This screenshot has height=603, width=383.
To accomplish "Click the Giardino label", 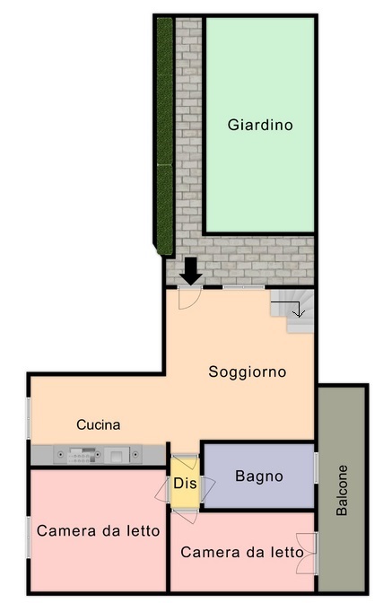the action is point(260,125).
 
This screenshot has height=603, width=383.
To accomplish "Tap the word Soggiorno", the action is point(248,371).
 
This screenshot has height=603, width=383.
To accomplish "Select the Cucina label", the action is point(99,424).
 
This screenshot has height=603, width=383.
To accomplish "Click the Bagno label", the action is point(259,476).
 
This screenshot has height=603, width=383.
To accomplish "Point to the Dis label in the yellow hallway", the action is point(185,484).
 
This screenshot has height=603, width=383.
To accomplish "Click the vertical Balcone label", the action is point(342,490).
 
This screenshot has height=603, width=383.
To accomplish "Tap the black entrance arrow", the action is point(191,271).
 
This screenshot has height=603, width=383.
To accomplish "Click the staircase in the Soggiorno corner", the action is point(292,310).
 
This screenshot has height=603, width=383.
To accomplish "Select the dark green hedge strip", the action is point(164,135).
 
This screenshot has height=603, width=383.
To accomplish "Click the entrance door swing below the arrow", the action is point(190,298).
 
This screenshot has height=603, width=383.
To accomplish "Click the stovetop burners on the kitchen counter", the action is point(81,455).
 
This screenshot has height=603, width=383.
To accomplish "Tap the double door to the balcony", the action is point(307,554).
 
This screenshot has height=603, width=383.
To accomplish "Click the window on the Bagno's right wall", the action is point(316,468).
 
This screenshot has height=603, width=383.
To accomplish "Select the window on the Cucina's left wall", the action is point(28,417).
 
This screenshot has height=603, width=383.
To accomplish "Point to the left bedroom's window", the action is point(28,537).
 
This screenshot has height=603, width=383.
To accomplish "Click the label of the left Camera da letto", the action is point(98,531).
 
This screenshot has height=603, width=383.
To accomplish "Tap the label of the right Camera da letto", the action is point(242,553).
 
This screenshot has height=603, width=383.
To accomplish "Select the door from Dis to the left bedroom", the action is point(162,490).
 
